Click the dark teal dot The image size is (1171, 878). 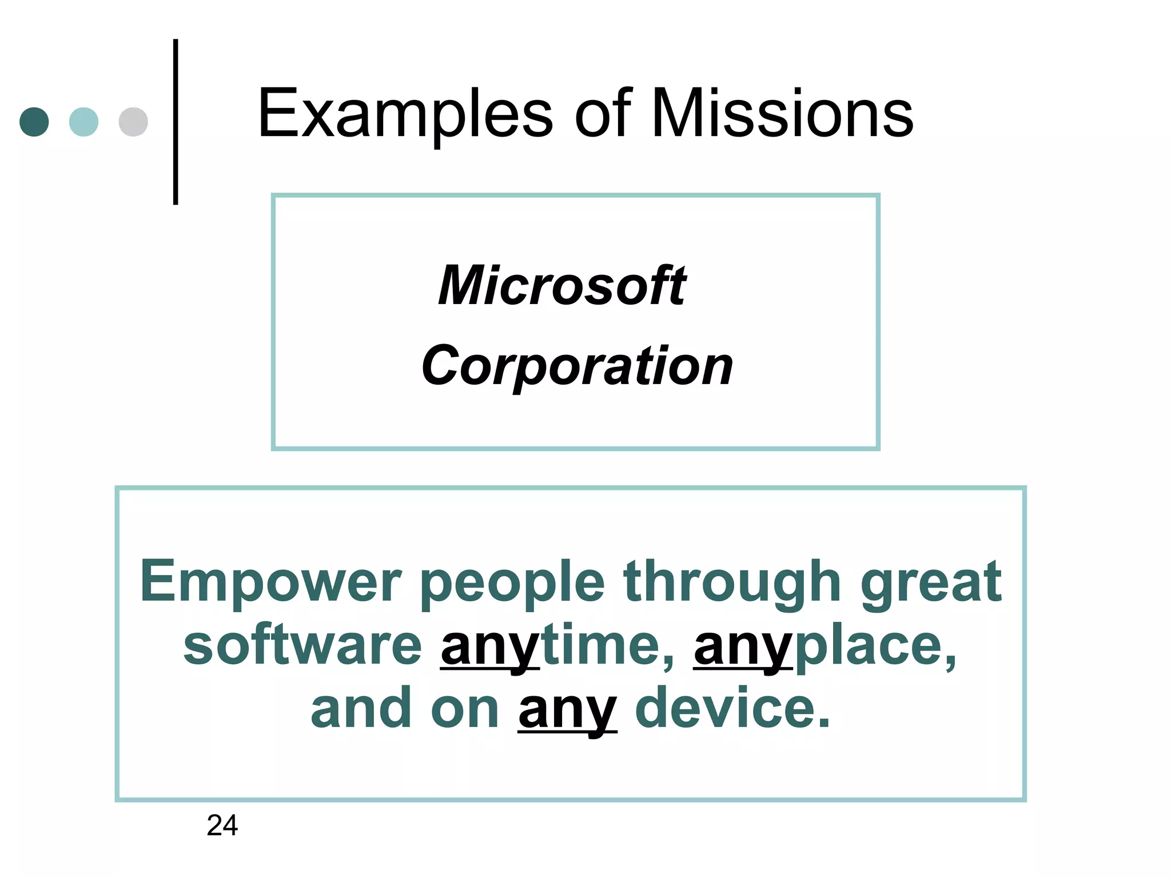click(x=34, y=122)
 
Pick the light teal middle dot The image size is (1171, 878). click(x=83, y=122)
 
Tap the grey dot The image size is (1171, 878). click(x=133, y=122)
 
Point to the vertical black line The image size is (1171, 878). click(x=176, y=122)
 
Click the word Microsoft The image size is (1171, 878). click(x=563, y=286)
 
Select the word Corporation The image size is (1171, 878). click(x=577, y=366)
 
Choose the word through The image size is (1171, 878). click(x=732, y=583)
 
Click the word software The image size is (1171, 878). click(x=302, y=646)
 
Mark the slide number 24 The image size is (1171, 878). click(x=222, y=825)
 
